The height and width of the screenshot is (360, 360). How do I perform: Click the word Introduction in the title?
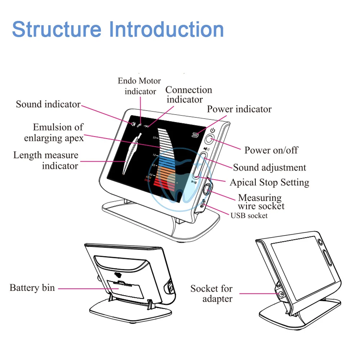pyautogui.click(x=166, y=30)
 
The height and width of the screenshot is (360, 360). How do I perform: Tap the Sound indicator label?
pyautogui.click(x=48, y=104)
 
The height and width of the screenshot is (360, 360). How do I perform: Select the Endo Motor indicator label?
pyautogui.click(x=140, y=86)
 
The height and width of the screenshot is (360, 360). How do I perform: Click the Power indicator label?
pyautogui.click(x=239, y=109)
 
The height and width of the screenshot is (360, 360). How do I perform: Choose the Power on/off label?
pyautogui.click(x=271, y=150)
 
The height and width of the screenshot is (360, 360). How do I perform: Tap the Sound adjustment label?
pyautogui.click(x=269, y=167)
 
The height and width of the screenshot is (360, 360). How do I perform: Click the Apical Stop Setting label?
pyautogui.click(x=269, y=182)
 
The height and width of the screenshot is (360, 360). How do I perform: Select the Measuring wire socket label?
pyautogui.click(x=261, y=202)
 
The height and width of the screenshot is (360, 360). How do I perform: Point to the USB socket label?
pyautogui.click(x=249, y=215)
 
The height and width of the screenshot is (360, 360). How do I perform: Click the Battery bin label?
pyautogui.click(x=32, y=288)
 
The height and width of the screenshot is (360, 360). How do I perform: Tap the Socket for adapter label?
pyautogui.click(x=212, y=293)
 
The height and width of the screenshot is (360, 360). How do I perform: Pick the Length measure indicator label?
pyautogui.click(x=46, y=161)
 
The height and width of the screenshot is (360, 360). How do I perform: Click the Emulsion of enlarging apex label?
pyautogui.click(x=54, y=132)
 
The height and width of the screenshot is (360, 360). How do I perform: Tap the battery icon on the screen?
pyautogui.click(x=195, y=135)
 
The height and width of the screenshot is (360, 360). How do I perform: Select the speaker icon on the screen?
pyautogui.click(x=133, y=124)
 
